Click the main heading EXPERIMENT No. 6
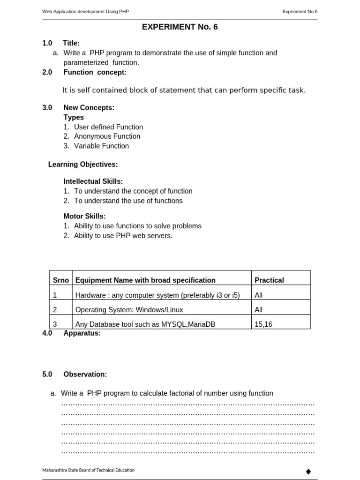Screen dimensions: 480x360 [x=180, y=27]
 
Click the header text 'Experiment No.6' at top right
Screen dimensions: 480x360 [x=300, y=11]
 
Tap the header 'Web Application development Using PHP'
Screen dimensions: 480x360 [x=85, y=11]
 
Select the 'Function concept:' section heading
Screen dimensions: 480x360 [x=95, y=72]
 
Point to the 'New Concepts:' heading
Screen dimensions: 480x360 [x=89, y=108]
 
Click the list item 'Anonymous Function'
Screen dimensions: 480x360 [x=107, y=136]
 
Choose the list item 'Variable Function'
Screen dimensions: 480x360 [x=101, y=146]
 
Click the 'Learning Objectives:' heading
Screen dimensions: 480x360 [x=83, y=165]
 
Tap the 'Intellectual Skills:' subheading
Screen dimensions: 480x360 [x=93, y=181]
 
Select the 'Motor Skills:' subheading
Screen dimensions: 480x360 [x=84, y=216]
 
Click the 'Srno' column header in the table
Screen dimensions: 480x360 [x=61, y=280]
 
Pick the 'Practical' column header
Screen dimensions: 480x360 [x=269, y=280]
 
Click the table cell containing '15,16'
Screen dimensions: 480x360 [x=263, y=324]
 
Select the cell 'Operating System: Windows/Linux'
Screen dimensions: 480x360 [x=129, y=310]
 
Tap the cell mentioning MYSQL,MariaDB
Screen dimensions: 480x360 [x=145, y=324]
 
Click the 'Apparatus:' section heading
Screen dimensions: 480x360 [x=82, y=333]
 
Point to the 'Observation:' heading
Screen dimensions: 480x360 [x=85, y=375]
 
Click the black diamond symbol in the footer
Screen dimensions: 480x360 [x=308, y=471]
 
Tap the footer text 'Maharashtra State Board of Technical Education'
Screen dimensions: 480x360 [x=88, y=470]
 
